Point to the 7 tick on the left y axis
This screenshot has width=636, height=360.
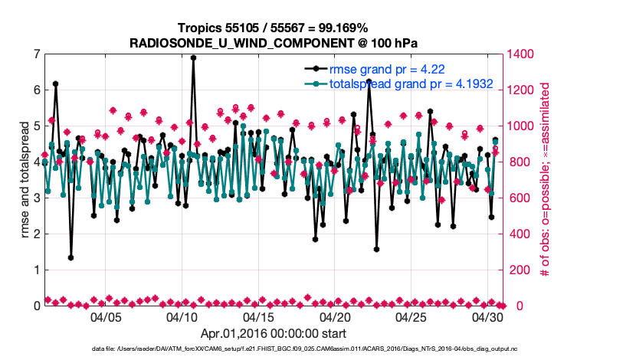point(36,54)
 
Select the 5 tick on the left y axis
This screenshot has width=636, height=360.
point(36,126)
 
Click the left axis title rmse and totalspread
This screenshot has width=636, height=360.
point(22,180)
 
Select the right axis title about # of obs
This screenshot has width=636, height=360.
point(546,180)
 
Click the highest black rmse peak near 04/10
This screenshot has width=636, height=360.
point(193,57)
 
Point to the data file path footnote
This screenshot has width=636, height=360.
point(272,349)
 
